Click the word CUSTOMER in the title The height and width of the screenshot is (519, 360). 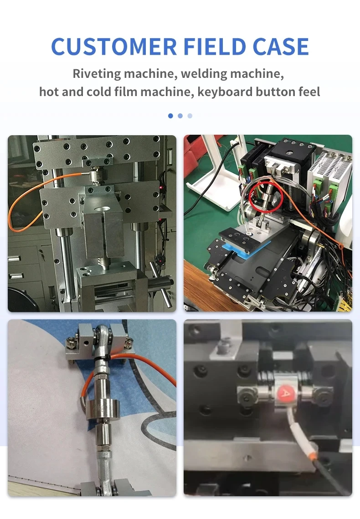114,46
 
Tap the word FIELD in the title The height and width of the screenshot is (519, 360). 214,46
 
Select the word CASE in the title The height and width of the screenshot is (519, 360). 281,46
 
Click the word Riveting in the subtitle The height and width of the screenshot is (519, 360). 97,74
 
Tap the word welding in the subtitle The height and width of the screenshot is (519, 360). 203,74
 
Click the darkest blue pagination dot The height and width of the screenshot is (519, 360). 170,116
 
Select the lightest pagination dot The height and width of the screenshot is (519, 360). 190,116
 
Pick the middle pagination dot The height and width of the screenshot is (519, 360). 180,116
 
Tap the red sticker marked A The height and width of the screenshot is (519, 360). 284,393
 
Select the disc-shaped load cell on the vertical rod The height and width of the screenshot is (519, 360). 99,410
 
